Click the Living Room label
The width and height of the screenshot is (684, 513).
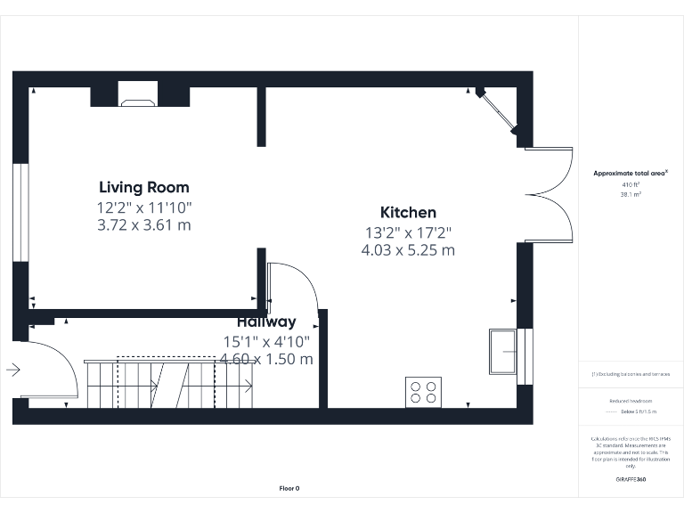[143, 187]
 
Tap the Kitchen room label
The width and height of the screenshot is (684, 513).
[408, 212]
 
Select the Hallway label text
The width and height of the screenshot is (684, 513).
[266, 322]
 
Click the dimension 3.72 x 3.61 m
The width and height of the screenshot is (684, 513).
[143, 225]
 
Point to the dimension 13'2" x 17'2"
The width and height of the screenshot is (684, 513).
[408, 232]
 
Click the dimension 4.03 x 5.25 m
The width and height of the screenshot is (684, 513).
[408, 250]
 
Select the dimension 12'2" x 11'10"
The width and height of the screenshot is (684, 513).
[143, 207]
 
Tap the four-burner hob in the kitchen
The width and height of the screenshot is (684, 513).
[423, 391]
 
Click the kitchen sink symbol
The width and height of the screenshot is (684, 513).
[503, 352]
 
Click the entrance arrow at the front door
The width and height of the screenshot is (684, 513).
[13, 369]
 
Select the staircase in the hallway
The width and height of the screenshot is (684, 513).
[169, 383]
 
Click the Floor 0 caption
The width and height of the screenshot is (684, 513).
[289, 488]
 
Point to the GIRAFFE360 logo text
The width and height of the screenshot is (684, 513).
[631, 479]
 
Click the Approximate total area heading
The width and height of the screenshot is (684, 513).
[629, 174]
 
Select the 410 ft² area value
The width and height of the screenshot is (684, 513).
[631, 184]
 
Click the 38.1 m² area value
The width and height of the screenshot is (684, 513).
[631, 193]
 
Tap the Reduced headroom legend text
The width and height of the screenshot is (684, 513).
[631, 402]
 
